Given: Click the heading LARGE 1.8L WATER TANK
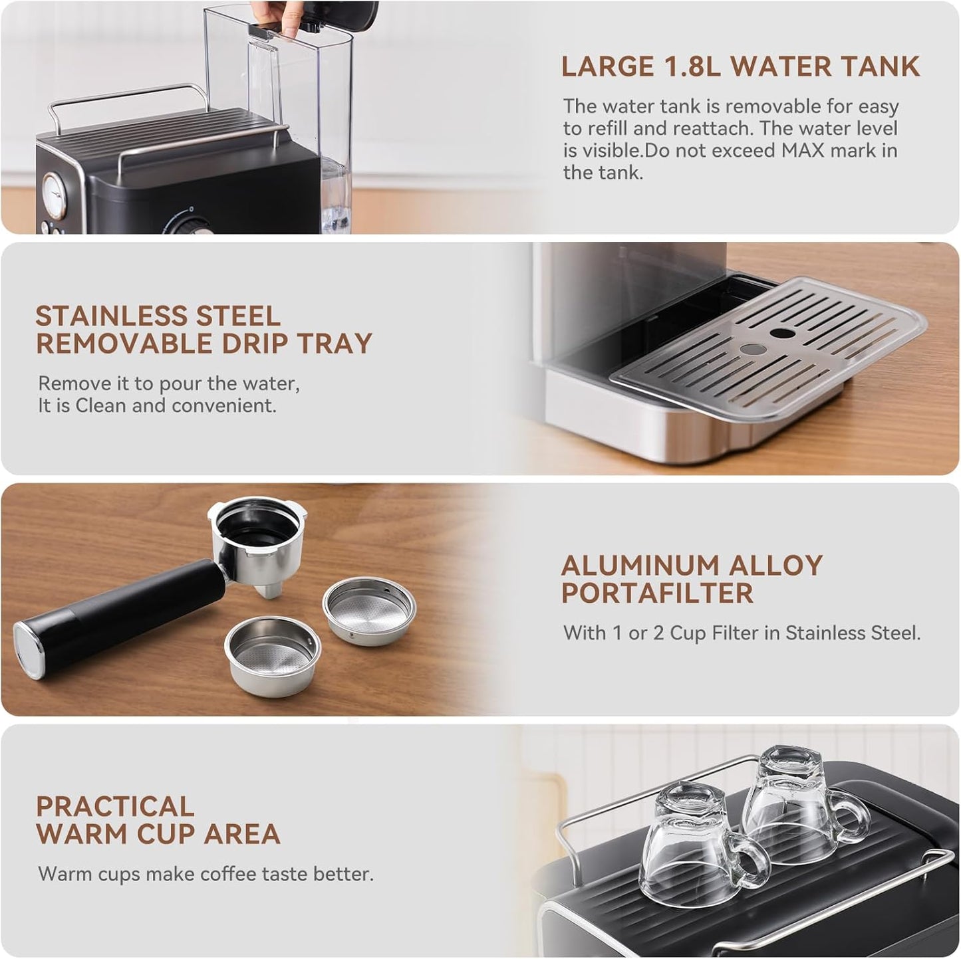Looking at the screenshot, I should pyautogui.click(x=740, y=66).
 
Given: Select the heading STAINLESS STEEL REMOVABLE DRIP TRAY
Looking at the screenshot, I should pyautogui.click(x=204, y=330).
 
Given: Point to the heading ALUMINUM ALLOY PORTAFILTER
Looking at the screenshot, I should pyautogui.click(x=692, y=579).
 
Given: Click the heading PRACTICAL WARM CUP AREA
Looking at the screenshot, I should pyautogui.click(x=158, y=820).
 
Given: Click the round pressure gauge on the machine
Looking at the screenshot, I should pyautogui.click(x=55, y=195).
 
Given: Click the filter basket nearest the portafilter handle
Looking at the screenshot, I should pyautogui.click(x=273, y=655).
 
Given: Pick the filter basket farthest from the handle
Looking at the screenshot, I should pyautogui.click(x=369, y=610).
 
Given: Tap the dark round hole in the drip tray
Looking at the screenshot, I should pyautogui.click(x=782, y=332).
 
